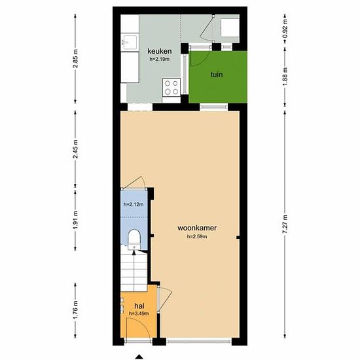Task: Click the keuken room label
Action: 159,51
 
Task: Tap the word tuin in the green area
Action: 217,75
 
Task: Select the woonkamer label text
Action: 197,228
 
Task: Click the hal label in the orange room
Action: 139,306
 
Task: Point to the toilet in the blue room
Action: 134,240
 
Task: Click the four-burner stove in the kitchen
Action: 171,88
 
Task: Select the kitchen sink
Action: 130,42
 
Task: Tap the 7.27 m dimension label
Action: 285,224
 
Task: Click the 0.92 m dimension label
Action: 285,28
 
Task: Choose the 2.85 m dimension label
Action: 75,58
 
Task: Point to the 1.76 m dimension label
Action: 75,310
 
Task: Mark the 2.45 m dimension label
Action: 75,149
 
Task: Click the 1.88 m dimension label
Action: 285,77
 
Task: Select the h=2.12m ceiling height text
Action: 134,204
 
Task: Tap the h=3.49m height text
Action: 139,314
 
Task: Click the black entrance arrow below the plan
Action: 139,357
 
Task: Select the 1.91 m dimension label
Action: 75,220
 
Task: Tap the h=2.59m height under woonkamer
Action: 197,236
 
